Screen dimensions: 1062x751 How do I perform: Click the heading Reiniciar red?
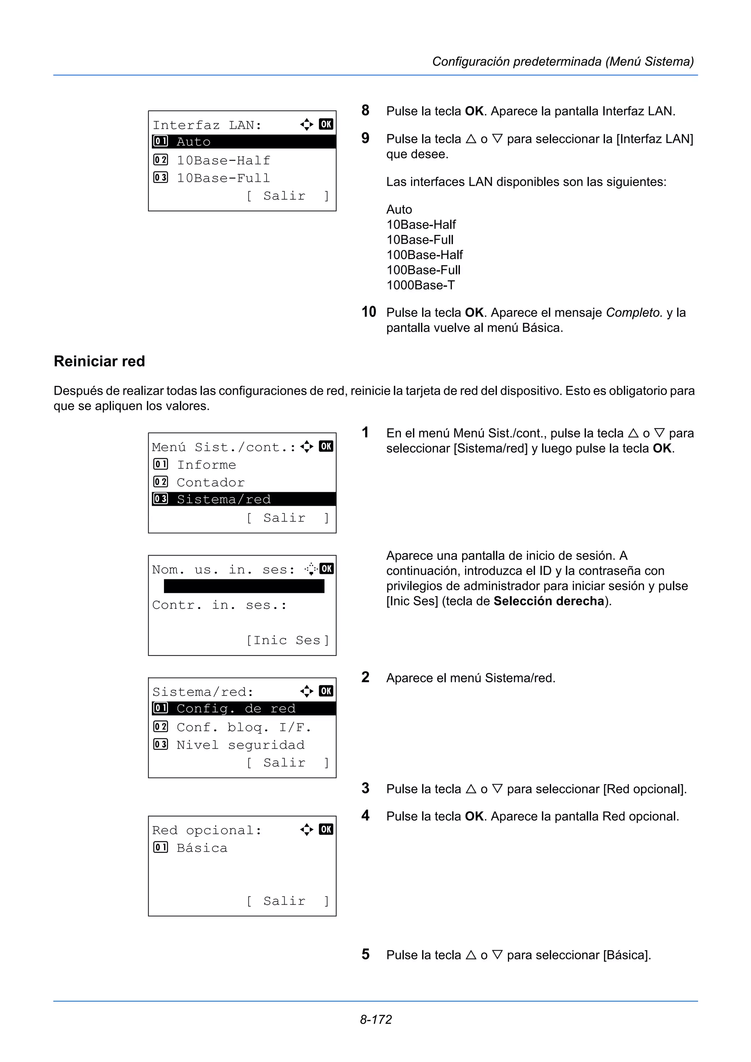pos(99,361)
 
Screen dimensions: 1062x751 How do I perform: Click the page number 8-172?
pos(376,1019)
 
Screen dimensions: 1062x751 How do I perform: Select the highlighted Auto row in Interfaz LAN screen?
pos(243,141)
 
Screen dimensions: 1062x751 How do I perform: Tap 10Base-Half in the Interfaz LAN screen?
pos(223,161)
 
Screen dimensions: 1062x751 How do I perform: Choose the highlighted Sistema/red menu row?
pos(243,499)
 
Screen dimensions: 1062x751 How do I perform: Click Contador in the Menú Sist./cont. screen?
pos(210,482)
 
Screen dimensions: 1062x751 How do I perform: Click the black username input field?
pos(244,586)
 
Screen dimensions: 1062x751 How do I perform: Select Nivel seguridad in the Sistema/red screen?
pos(240,745)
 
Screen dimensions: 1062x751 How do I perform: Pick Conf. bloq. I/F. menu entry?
pos(243,727)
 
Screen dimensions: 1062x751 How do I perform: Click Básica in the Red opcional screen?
pos(202,848)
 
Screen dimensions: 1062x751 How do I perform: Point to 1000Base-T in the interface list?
pos(420,285)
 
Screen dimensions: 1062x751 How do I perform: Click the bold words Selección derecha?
pos(549,601)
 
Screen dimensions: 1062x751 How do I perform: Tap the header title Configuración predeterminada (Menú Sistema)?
pos(563,62)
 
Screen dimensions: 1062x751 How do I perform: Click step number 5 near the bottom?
pos(365,954)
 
